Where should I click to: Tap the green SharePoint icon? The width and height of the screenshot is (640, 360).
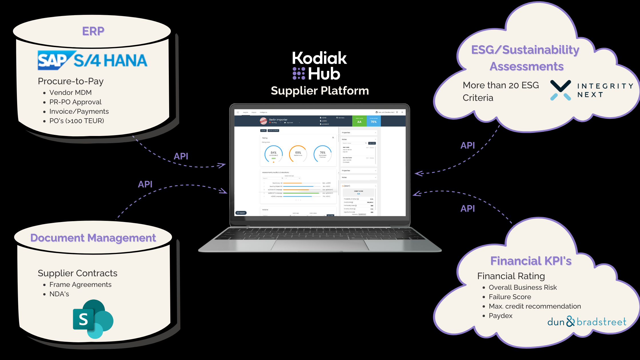(x=93, y=319)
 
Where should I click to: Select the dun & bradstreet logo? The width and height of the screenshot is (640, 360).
(x=587, y=322)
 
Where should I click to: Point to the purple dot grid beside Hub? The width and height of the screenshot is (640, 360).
(x=299, y=73)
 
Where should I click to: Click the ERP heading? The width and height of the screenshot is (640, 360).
(x=93, y=31)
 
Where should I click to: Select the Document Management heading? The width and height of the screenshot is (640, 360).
(x=93, y=238)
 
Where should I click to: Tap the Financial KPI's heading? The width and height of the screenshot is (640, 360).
(x=531, y=261)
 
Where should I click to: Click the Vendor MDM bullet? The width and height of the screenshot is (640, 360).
(x=70, y=93)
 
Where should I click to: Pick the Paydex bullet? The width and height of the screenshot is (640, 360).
(x=501, y=316)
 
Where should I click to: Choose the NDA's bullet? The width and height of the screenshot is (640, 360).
(x=59, y=294)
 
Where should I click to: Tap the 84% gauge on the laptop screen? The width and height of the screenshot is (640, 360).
(x=273, y=154)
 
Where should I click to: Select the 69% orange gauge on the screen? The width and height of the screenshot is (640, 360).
(x=298, y=154)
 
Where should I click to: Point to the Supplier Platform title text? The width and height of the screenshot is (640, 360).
(x=320, y=91)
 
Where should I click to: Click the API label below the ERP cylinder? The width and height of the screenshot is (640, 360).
(x=181, y=156)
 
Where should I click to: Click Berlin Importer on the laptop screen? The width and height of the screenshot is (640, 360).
(x=278, y=120)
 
